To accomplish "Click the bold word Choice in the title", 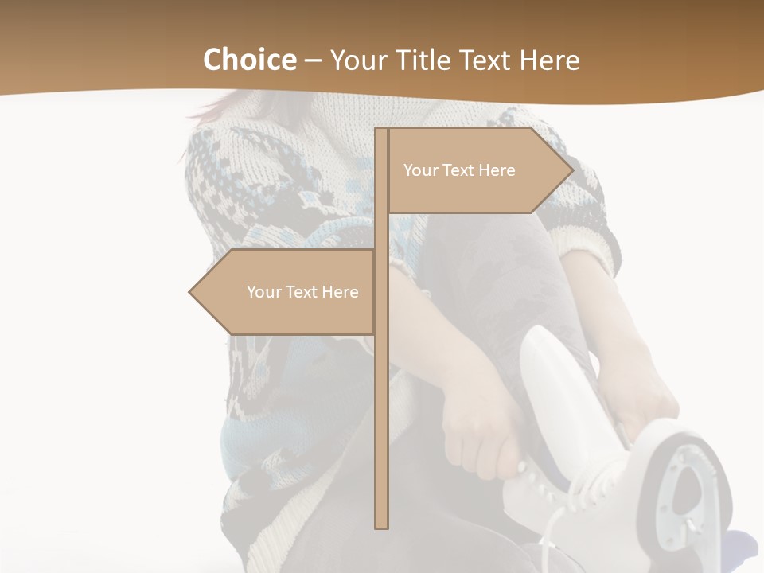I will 249,60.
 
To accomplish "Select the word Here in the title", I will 549,60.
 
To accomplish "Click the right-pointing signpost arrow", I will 477,170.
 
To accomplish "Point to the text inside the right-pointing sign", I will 459,170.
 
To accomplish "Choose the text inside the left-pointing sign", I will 302,292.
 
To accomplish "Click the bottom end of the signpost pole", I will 382,525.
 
